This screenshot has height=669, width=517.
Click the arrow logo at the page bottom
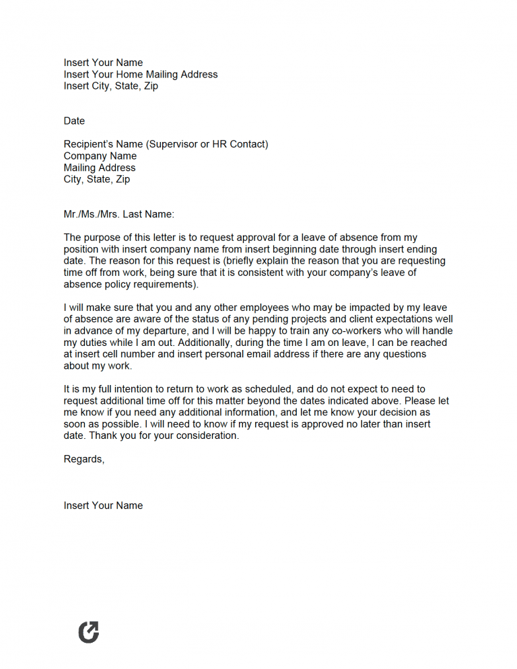tap(88, 632)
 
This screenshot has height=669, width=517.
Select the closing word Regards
tap(83, 459)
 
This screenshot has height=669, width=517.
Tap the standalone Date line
tap(74, 121)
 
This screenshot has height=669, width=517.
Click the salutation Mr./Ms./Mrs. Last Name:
tap(118, 214)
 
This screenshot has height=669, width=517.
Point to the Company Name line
tap(100, 156)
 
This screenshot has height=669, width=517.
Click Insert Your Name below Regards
tap(103, 505)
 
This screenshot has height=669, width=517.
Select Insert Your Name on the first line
tap(103, 63)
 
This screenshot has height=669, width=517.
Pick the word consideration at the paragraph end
tap(207, 435)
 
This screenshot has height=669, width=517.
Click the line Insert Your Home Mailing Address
tap(141, 75)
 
